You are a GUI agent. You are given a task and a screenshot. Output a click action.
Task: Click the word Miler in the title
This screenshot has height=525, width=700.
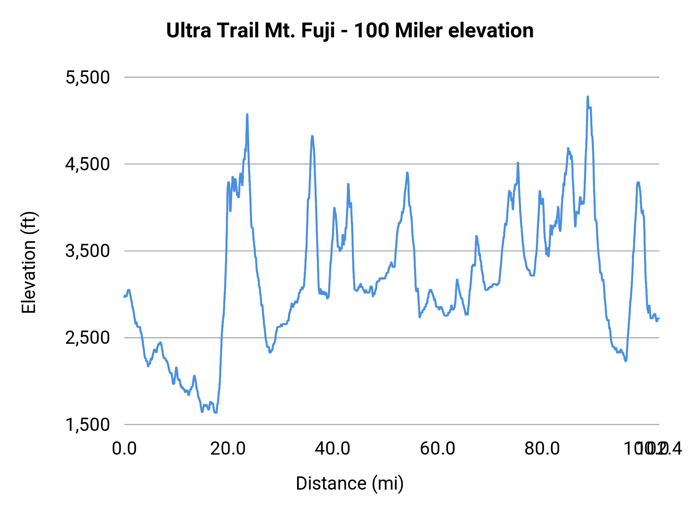coord(419,30)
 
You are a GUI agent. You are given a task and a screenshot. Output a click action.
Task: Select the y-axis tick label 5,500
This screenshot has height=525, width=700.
coord(88,77)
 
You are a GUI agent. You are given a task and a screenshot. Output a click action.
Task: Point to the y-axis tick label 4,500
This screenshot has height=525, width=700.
coord(88,164)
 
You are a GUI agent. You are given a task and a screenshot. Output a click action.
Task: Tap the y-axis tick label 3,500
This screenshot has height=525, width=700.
coord(88,251)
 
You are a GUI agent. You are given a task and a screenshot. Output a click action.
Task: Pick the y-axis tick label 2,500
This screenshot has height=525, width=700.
coord(88,338)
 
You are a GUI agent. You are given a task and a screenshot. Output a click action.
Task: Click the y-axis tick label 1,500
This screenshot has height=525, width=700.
coord(88,425)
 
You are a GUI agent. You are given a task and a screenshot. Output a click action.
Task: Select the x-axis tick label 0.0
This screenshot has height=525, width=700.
coord(124,449)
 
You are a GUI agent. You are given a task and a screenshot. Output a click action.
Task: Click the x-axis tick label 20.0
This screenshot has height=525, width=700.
coord(228,449)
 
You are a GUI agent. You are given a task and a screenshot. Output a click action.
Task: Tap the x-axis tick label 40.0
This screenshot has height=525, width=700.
coord(332,449)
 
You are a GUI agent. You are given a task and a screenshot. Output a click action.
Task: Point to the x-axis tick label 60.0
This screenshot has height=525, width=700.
coord(437,449)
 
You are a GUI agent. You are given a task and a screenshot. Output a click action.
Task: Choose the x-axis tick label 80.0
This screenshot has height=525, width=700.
coord(542,449)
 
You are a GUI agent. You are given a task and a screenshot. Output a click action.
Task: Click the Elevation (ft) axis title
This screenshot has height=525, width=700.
coord(29,262)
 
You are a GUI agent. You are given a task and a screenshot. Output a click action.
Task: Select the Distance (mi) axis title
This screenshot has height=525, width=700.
coord(350,483)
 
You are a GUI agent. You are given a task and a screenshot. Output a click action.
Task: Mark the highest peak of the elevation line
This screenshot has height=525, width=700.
coord(588,96)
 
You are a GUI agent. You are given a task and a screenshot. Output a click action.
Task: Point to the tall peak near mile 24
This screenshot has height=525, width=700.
coord(247,114)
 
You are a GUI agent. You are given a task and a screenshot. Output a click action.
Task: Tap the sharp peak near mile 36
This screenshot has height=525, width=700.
coord(312,136)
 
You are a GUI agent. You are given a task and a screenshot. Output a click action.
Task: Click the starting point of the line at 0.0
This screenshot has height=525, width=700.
coord(124,297)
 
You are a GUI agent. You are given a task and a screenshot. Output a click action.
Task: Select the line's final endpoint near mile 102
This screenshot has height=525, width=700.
coord(659,319)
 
